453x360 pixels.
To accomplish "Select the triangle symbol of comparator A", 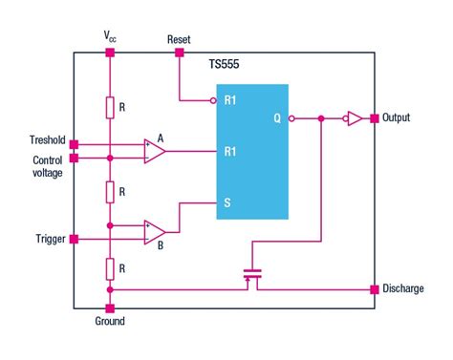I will (154, 151).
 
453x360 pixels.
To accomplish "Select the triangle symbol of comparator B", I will (154, 231).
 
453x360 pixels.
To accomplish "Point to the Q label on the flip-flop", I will (277, 119).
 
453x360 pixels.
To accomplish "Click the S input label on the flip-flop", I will (227, 202).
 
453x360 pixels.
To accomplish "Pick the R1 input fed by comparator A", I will (230, 151).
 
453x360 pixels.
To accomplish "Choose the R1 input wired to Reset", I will (230, 100).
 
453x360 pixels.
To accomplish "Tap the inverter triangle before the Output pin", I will (354, 119).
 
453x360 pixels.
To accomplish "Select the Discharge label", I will (403, 288).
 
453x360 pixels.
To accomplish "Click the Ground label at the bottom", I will (109, 322).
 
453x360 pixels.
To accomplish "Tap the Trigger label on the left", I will (47, 239).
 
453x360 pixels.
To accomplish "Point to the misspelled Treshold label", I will (45, 140).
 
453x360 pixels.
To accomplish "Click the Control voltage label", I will (46, 166).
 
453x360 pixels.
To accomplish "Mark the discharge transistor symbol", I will (252, 278).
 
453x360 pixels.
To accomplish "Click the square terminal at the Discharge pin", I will (373, 288).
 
